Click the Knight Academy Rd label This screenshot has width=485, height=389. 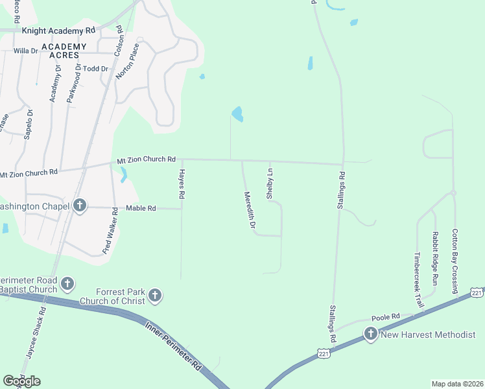58,30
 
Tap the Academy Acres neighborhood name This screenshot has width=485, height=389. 64,51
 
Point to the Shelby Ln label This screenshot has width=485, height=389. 270,183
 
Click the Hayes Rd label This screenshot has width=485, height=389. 182,183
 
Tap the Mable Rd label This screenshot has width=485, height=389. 141,209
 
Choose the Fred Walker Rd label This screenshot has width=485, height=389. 110,231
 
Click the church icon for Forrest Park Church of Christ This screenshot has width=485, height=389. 154,296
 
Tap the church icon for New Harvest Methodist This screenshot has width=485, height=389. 370,334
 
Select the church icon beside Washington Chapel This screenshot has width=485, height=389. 80,206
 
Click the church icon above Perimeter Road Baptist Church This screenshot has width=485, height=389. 67,283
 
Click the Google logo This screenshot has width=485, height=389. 21,381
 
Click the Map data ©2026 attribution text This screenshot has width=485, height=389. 457,384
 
